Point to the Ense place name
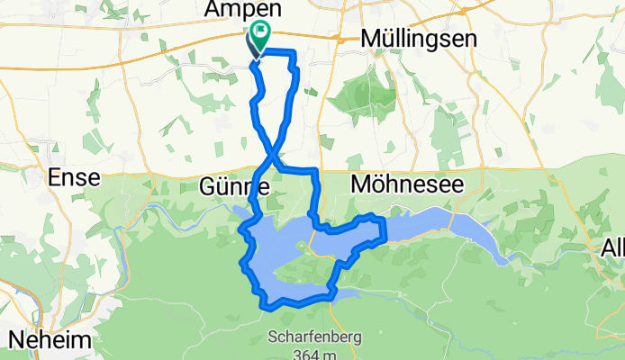pyautogui.click(x=76, y=178)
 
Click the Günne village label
pyautogui.click(x=233, y=188)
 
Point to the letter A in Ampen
pyautogui.click(x=213, y=9)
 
